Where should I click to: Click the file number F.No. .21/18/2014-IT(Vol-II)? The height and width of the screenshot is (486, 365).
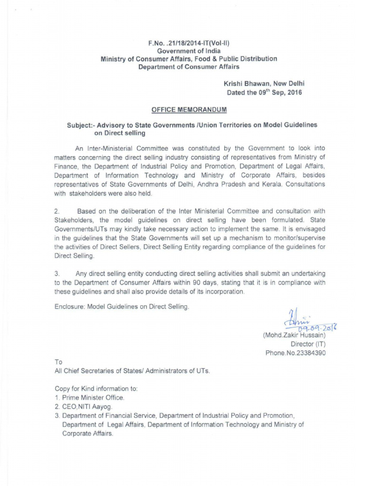(x=189, y=43)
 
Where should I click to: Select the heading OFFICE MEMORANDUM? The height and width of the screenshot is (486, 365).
(x=189, y=110)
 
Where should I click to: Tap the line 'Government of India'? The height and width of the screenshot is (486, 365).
(x=189, y=51)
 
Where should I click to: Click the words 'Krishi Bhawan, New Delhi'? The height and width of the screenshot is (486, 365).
(x=264, y=84)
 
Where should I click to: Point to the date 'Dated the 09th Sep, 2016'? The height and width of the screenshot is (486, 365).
(x=264, y=93)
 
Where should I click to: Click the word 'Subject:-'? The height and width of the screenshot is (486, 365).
(x=81, y=124)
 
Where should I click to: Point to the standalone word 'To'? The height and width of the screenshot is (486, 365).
(x=59, y=362)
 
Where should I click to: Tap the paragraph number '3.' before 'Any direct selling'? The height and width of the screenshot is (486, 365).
(x=57, y=274)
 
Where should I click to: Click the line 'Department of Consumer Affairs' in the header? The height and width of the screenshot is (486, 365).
(x=189, y=67)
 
